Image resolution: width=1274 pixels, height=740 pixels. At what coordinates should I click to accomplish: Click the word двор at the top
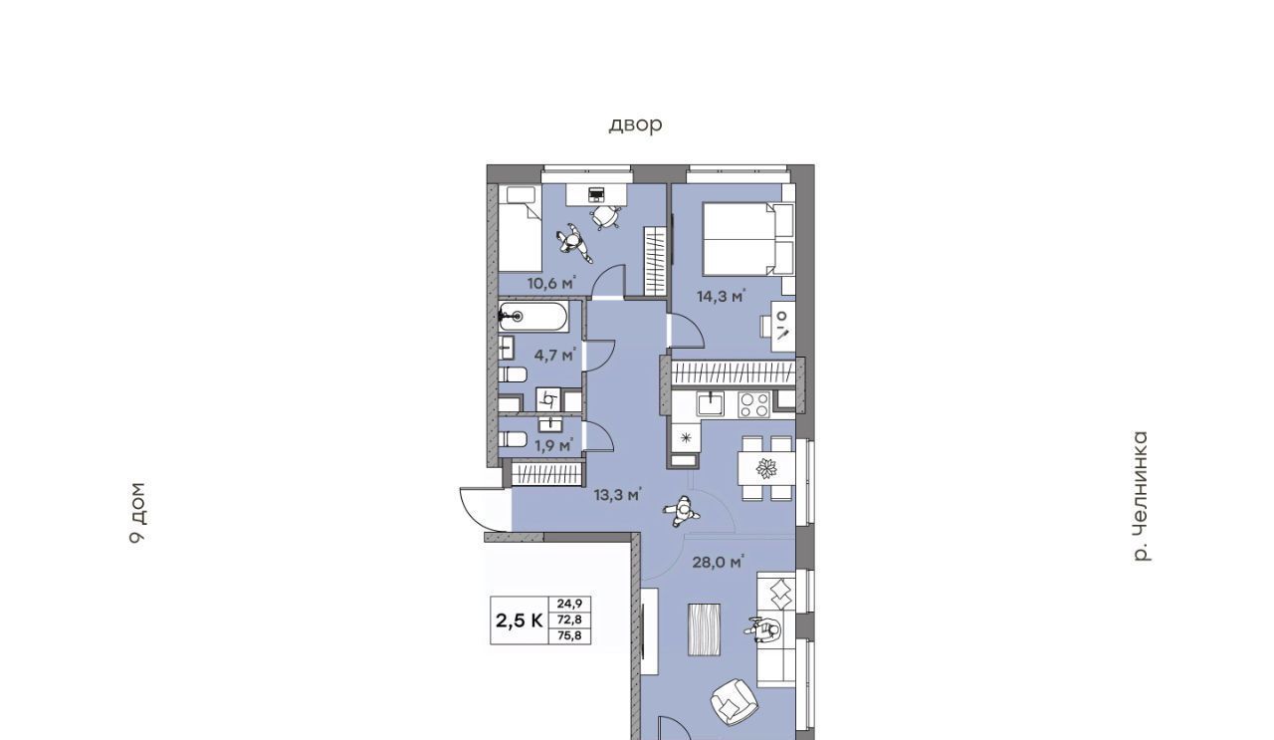click(x=635, y=124)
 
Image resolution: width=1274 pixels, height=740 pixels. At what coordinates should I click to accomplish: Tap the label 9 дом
click(x=137, y=513)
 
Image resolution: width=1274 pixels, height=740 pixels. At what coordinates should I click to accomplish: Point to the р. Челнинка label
click(x=1141, y=496)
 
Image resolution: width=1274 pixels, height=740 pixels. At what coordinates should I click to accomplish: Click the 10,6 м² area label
click(x=551, y=282)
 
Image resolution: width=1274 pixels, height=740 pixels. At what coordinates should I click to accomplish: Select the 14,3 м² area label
click(x=722, y=296)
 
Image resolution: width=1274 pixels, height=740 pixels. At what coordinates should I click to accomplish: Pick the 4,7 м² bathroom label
click(x=555, y=356)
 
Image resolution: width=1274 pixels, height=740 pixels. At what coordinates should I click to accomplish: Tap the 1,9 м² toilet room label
click(x=553, y=445)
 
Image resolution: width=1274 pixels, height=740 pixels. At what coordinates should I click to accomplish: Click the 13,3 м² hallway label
click(x=618, y=495)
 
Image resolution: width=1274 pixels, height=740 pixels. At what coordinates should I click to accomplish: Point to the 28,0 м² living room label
click(x=718, y=563)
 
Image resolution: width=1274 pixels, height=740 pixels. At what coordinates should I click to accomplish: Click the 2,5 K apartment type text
click(x=520, y=620)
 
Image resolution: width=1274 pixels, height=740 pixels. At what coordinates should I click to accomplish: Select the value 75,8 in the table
click(x=569, y=635)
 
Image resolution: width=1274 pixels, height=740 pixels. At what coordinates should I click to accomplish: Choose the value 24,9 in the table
click(x=569, y=604)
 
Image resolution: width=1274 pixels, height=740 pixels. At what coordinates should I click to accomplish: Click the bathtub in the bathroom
click(x=532, y=317)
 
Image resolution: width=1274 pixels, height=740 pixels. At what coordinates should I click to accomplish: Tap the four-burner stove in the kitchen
click(x=753, y=404)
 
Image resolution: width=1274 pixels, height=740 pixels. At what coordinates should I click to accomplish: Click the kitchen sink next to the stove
click(x=711, y=404)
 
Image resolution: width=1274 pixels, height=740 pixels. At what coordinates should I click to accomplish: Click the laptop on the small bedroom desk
click(x=596, y=194)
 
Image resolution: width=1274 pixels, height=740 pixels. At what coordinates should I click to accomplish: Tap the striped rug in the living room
click(x=704, y=629)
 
